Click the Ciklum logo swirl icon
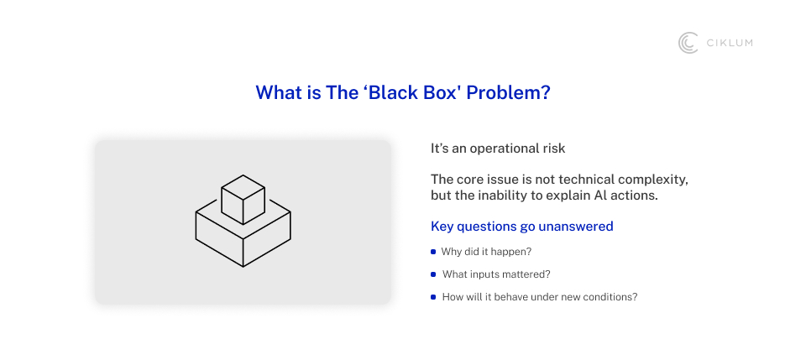point(688,43)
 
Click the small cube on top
point(243,199)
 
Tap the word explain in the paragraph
point(568,196)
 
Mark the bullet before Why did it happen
point(433,252)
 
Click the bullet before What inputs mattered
point(433,274)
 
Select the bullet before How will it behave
point(433,297)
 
